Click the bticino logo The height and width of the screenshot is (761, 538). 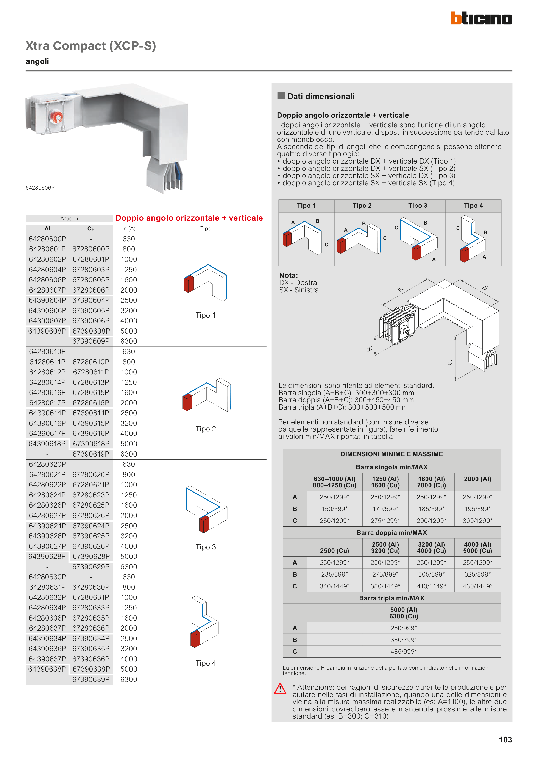[481, 18]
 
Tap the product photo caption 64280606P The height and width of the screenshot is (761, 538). [40, 188]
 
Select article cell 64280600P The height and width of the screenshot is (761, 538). [47, 239]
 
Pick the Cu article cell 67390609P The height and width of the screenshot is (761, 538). [91, 341]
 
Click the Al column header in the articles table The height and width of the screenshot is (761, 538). [47, 228]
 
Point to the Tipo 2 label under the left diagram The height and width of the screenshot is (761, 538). [206, 429]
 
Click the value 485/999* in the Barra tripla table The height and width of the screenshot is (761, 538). [403, 651]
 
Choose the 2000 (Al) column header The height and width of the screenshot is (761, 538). [477, 479]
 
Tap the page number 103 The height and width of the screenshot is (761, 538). [505, 739]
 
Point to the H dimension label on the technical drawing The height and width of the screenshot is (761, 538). [369, 349]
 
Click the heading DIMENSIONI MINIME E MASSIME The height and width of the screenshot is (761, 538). [391, 454]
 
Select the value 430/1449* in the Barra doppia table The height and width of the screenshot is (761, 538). [477, 586]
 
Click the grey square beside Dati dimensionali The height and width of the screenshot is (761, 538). [281, 95]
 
